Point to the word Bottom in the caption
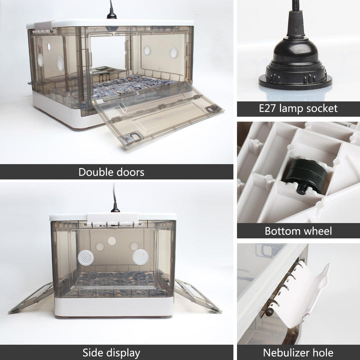coord(281,231)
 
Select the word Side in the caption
coord(93,352)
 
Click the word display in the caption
coord(123,353)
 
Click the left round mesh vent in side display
coord(85,257)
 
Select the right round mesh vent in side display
coord(140,257)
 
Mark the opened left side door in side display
coord(31,297)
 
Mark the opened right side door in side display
coord(198,296)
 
